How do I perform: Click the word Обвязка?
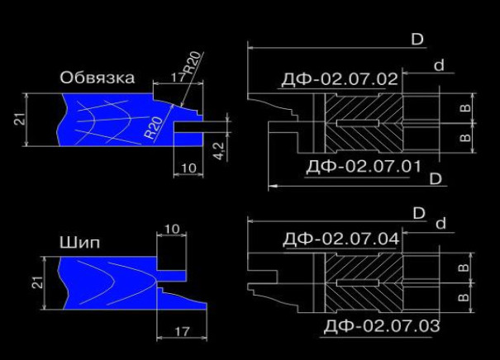click(x=98, y=78)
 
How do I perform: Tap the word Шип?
click(x=79, y=243)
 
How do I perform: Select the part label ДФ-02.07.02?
click(x=340, y=79)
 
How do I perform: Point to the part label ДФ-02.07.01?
click(x=363, y=166)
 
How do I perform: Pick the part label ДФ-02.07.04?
click(x=340, y=239)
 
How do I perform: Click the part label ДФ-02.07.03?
click(x=382, y=326)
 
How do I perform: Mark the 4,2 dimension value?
click(x=219, y=151)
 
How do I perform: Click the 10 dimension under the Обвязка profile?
click(x=188, y=168)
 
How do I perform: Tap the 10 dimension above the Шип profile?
click(x=172, y=229)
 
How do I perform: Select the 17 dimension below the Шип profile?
click(x=182, y=332)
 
